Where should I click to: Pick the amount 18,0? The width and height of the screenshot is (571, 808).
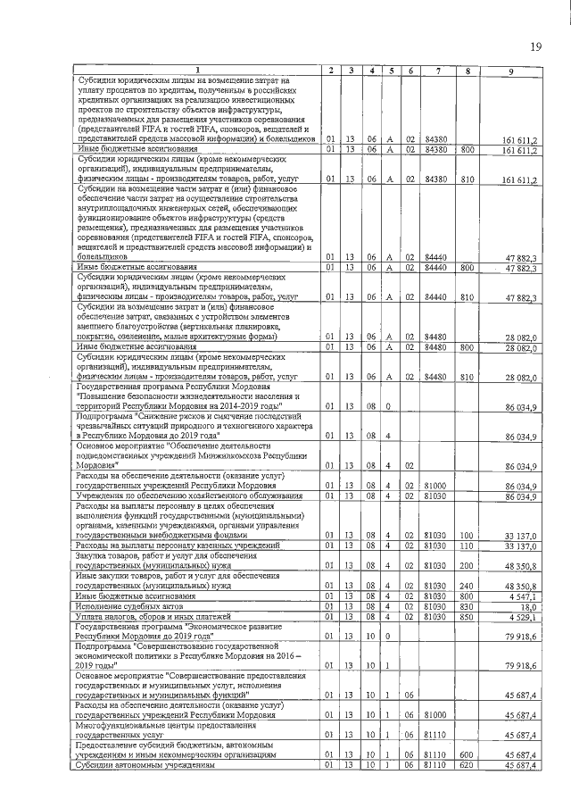click(x=527, y=605)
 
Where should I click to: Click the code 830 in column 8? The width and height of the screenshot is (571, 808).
click(x=467, y=605)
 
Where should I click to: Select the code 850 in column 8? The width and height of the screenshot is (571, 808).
click(x=467, y=616)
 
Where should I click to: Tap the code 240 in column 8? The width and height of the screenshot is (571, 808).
click(x=467, y=587)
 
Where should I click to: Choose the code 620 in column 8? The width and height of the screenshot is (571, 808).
click(x=467, y=765)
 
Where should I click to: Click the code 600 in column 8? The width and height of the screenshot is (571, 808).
click(x=467, y=755)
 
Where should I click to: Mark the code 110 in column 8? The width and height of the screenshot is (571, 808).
click(x=467, y=545)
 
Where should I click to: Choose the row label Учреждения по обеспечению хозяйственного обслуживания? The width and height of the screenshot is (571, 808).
click(x=188, y=495)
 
